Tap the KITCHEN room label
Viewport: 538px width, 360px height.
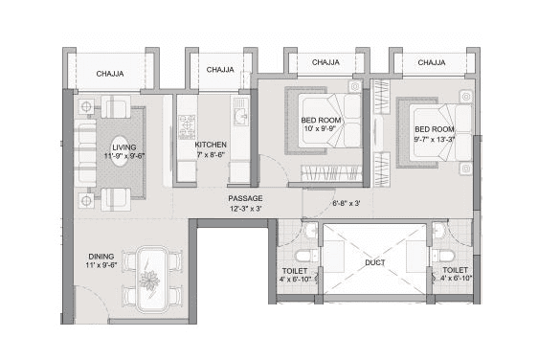tap(211, 145)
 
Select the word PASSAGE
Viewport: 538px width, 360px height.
tap(245, 198)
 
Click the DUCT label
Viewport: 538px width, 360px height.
tap(375, 260)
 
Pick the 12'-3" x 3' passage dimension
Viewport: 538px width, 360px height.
tap(245, 209)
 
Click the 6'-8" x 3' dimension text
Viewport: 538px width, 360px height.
tap(346, 203)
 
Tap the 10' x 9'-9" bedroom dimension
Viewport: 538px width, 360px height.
tap(323, 127)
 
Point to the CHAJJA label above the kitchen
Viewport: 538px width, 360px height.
tap(220, 69)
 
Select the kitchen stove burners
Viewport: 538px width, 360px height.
tap(187, 124)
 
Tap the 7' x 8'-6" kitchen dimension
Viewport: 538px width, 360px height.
tap(211, 155)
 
